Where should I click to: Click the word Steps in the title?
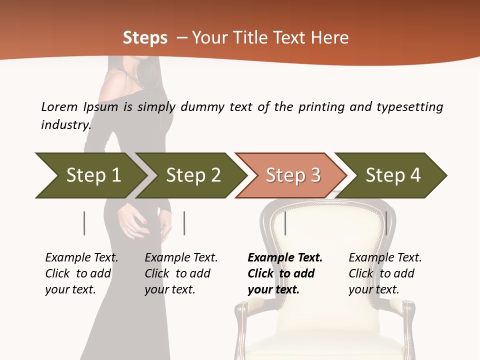pyautogui.click(x=145, y=38)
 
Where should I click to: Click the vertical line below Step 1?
pyautogui.click(x=84, y=223)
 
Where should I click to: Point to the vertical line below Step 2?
pyautogui.click(x=184, y=223)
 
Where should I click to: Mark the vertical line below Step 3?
pyautogui.click(x=285, y=223)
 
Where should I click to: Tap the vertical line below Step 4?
pyautogui.click(x=386, y=223)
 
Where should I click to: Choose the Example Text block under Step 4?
pyautogui.click(x=385, y=273)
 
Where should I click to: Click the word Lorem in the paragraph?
pyautogui.click(x=59, y=106)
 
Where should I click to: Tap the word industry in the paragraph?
pyautogui.click(x=66, y=124)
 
